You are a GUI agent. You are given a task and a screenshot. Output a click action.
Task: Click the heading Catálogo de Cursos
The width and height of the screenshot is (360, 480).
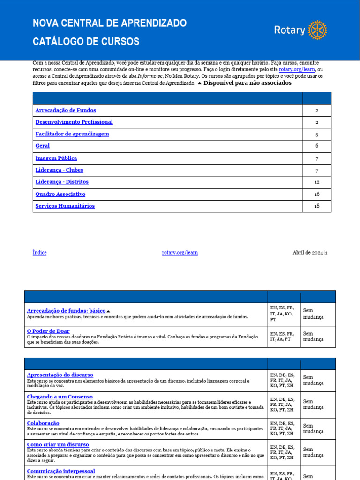coord(86,42)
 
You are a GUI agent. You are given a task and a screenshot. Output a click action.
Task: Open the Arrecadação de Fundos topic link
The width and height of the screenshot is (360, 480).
coord(66,110)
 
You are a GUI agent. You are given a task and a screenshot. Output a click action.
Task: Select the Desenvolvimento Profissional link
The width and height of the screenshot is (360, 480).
coord(74,122)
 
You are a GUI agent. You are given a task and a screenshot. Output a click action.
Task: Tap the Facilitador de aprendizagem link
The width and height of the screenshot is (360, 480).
coord(72,134)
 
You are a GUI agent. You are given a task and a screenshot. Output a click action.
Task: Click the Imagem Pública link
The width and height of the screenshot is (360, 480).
coord(56,158)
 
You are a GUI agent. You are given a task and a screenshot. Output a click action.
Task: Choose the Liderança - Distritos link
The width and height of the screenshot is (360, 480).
coord(62,182)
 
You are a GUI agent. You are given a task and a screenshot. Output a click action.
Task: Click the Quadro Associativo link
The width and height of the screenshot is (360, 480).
coord(60,194)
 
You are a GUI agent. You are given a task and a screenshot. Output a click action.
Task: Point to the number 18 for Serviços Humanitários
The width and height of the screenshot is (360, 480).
coord(317,206)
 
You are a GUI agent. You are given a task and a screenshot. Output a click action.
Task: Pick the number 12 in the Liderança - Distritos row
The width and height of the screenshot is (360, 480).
coord(317,182)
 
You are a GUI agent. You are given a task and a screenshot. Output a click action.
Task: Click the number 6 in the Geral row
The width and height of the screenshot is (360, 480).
coord(317,146)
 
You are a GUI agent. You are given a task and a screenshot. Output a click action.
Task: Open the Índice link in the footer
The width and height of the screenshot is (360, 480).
coord(39,253)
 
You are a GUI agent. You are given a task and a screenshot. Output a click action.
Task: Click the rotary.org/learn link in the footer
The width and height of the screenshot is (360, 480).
coord(180,253)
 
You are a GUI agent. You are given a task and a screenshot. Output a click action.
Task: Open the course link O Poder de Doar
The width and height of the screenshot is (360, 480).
coord(48,331)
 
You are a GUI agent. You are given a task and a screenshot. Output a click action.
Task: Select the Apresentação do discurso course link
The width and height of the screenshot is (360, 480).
coord(60,375)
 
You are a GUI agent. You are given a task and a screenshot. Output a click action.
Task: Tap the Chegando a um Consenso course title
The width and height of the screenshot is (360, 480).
coord(60,397)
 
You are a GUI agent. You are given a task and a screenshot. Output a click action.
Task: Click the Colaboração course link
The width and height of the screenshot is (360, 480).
coord(43,423)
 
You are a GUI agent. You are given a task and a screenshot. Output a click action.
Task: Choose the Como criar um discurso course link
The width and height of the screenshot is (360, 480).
coord(58,444)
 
